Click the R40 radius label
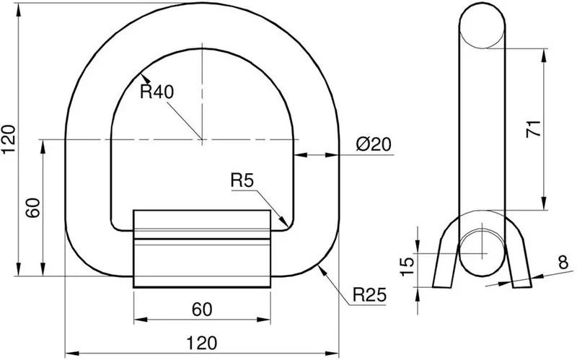tap(157, 92)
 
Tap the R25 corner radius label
tap(369, 296)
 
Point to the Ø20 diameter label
tap(374, 144)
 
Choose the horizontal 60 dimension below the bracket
tap(202, 309)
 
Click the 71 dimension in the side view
tap(533, 130)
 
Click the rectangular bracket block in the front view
tap(203, 249)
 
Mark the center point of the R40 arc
tap(203, 139)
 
